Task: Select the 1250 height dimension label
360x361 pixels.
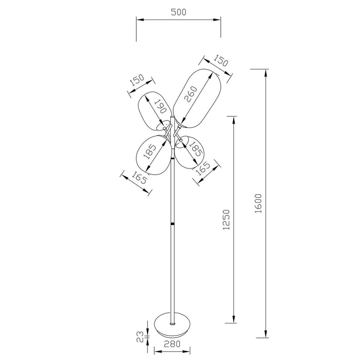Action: point(226,220)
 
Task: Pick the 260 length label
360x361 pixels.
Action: point(193,94)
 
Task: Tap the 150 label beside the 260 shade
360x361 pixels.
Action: point(220,62)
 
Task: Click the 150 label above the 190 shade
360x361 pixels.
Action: point(137,81)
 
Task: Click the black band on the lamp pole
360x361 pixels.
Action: point(172,225)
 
